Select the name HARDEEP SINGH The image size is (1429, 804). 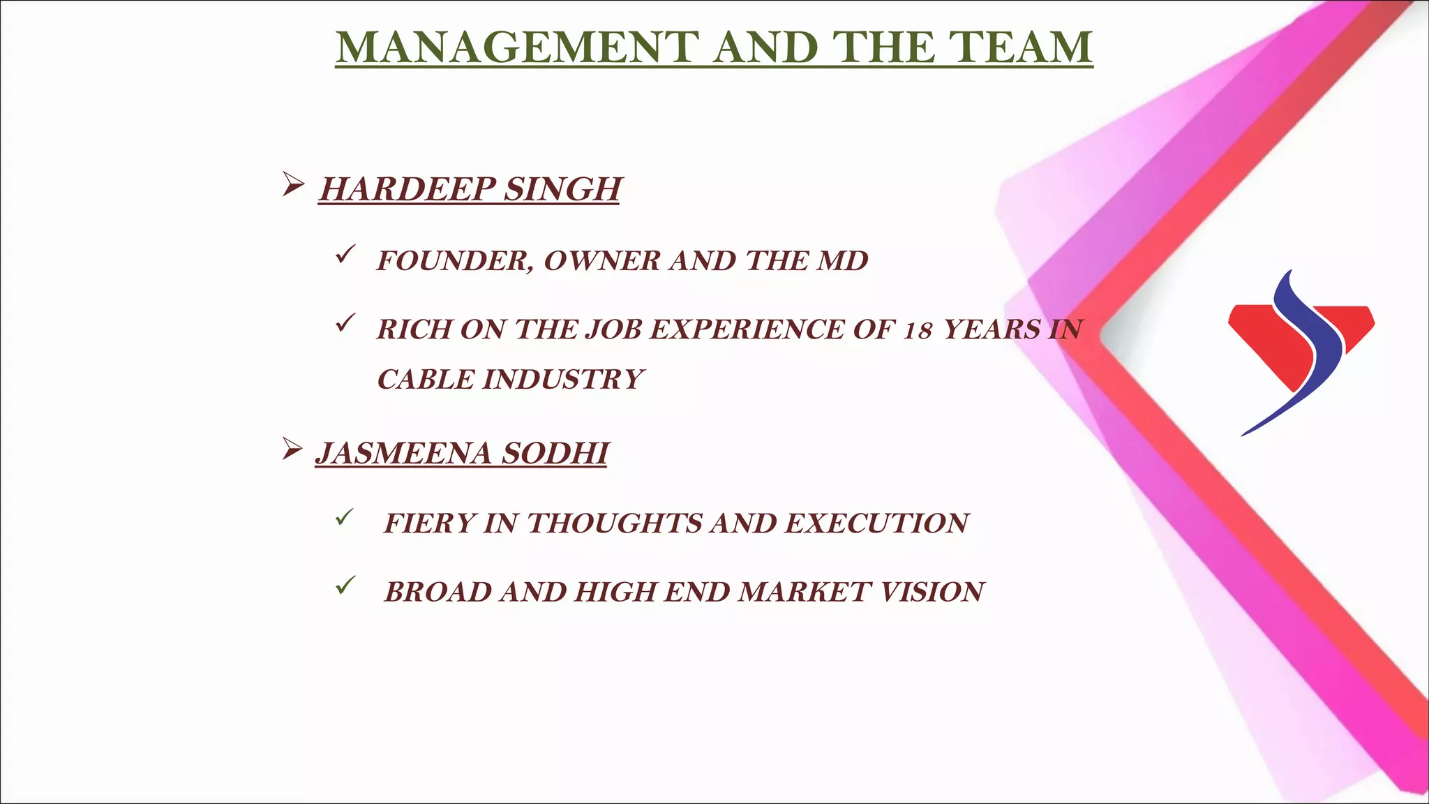pyautogui.click(x=470, y=189)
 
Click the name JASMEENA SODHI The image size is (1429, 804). pyautogui.click(x=462, y=453)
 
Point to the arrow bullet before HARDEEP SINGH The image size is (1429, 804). pyautogui.click(x=293, y=185)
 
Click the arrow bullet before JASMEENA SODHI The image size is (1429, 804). pyautogui.click(x=292, y=449)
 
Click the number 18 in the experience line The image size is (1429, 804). pyautogui.click(x=918, y=330)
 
